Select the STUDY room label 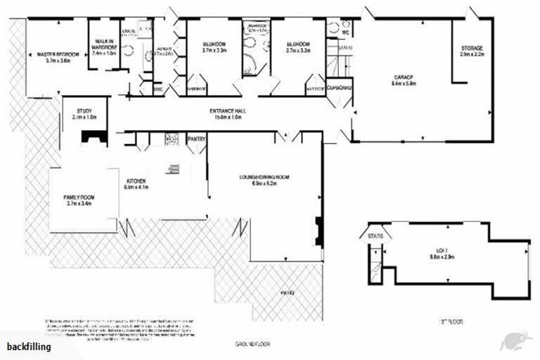(x=84, y=115)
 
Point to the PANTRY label (x=197, y=140)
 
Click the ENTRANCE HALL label (x=226, y=115)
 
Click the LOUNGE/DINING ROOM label (x=264, y=181)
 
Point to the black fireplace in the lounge (x=319, y=231)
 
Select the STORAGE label (x=472, y=50)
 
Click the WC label (x=345, y=32)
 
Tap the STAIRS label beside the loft (x=375, y=236)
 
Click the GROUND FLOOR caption (x=252, y=345)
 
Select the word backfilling (x=29, y=347)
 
